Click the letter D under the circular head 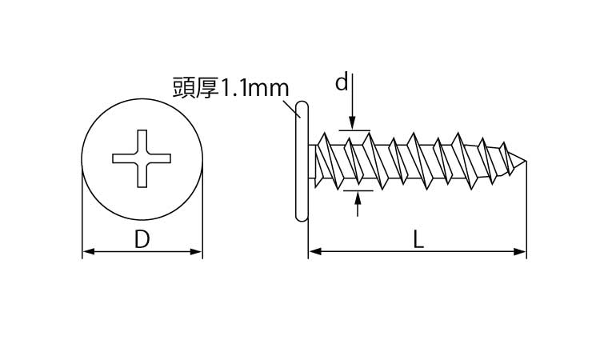click(x=142, y=239)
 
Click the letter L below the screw click(x=419, y=240)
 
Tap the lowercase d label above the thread click(x=342, y=82)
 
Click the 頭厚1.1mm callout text click(x=230, y=88)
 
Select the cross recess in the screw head click(x=142, y=158)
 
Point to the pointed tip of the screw click(x=526, y=161)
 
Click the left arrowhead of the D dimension click(x=88, y=252)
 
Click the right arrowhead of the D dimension click(x=196, y=252)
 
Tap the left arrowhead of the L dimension click(x=315, y=252)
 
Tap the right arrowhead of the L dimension click(x=520, y=252)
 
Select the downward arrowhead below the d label click(x=352, y=124)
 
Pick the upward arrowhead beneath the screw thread click(x=358, y=198)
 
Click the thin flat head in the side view click(x=302, y=161)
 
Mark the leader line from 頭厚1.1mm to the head click(x=290, y=108)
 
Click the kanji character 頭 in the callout click(x=184, y=88)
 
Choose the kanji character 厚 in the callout click(x=207, y=88)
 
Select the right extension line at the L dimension click(x=526, y=210)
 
